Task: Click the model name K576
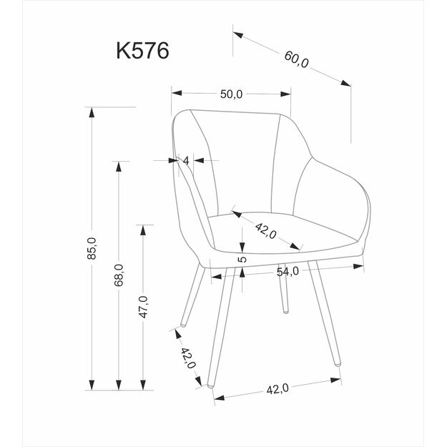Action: pyautogui.click(x=142, y=51)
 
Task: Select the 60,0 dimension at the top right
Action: pyautogui.click(x=297, y=61)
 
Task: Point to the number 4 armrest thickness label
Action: pyautogui.click(x=186, y=161)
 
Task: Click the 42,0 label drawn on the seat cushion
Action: pyautogui.click(x=267, y=231)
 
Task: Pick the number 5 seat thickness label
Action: pyautogui.click(x=242, y=260)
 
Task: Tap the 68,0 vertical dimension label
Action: pyautogui.click(x=119, y=275)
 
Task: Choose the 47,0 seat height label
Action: pyautogui.click(x=142, y=308)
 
